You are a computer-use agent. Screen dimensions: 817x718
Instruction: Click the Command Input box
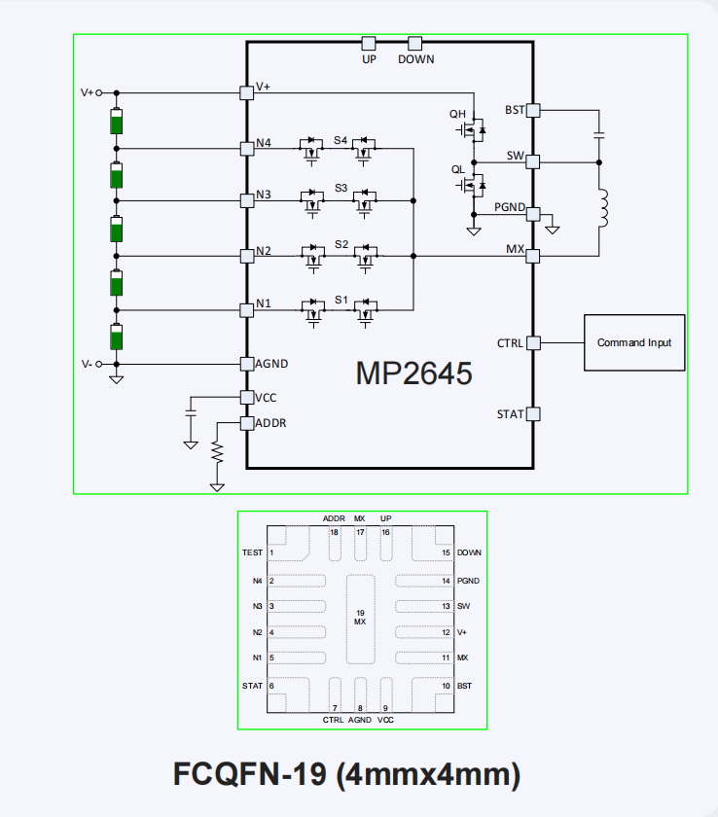633,342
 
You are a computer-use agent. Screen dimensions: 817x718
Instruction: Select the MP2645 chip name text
413,373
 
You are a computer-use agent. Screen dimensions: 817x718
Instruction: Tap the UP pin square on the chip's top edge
369,43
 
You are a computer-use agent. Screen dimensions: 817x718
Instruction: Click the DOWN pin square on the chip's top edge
415,43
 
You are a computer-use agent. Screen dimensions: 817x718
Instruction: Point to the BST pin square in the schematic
532,110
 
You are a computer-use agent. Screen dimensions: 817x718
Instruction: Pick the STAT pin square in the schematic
532,414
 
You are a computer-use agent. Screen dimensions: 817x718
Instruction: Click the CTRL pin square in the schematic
532,342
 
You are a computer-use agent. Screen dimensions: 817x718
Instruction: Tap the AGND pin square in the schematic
246,364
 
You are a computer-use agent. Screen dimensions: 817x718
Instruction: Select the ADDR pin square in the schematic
246,423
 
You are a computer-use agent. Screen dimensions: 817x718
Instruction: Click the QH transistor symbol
476,127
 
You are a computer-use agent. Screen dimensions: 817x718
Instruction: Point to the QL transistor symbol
476,183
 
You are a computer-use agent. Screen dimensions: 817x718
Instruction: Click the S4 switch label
341,140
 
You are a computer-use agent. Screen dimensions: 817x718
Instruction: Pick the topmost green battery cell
117,123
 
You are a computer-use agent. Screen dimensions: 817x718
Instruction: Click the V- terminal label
87,364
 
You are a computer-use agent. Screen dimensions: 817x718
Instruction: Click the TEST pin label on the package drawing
252,552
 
